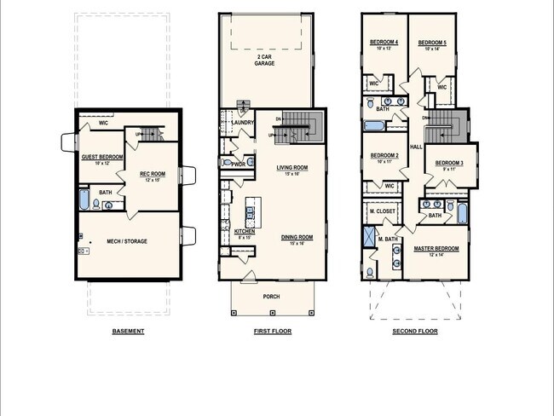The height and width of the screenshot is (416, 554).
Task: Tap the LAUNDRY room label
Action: pos(242,123)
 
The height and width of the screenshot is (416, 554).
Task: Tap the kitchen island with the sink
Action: pos(252,213)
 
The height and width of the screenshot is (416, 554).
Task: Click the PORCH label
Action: pos(271,297)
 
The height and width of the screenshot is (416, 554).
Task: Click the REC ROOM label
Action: pos(151,175)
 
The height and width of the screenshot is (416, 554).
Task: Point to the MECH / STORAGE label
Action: pos(127,241)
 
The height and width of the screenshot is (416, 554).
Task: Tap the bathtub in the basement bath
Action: pos(84,200)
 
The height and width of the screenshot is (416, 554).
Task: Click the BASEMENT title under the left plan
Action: pos(128,331)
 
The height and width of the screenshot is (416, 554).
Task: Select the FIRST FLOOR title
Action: pos(271,331)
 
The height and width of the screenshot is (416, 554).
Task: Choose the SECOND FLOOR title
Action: pos(414,331)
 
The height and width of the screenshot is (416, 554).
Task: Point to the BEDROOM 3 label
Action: pos(449,163)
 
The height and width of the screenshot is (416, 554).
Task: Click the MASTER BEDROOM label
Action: pos(436,249)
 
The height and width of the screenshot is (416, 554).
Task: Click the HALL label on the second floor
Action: pos(416,147)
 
